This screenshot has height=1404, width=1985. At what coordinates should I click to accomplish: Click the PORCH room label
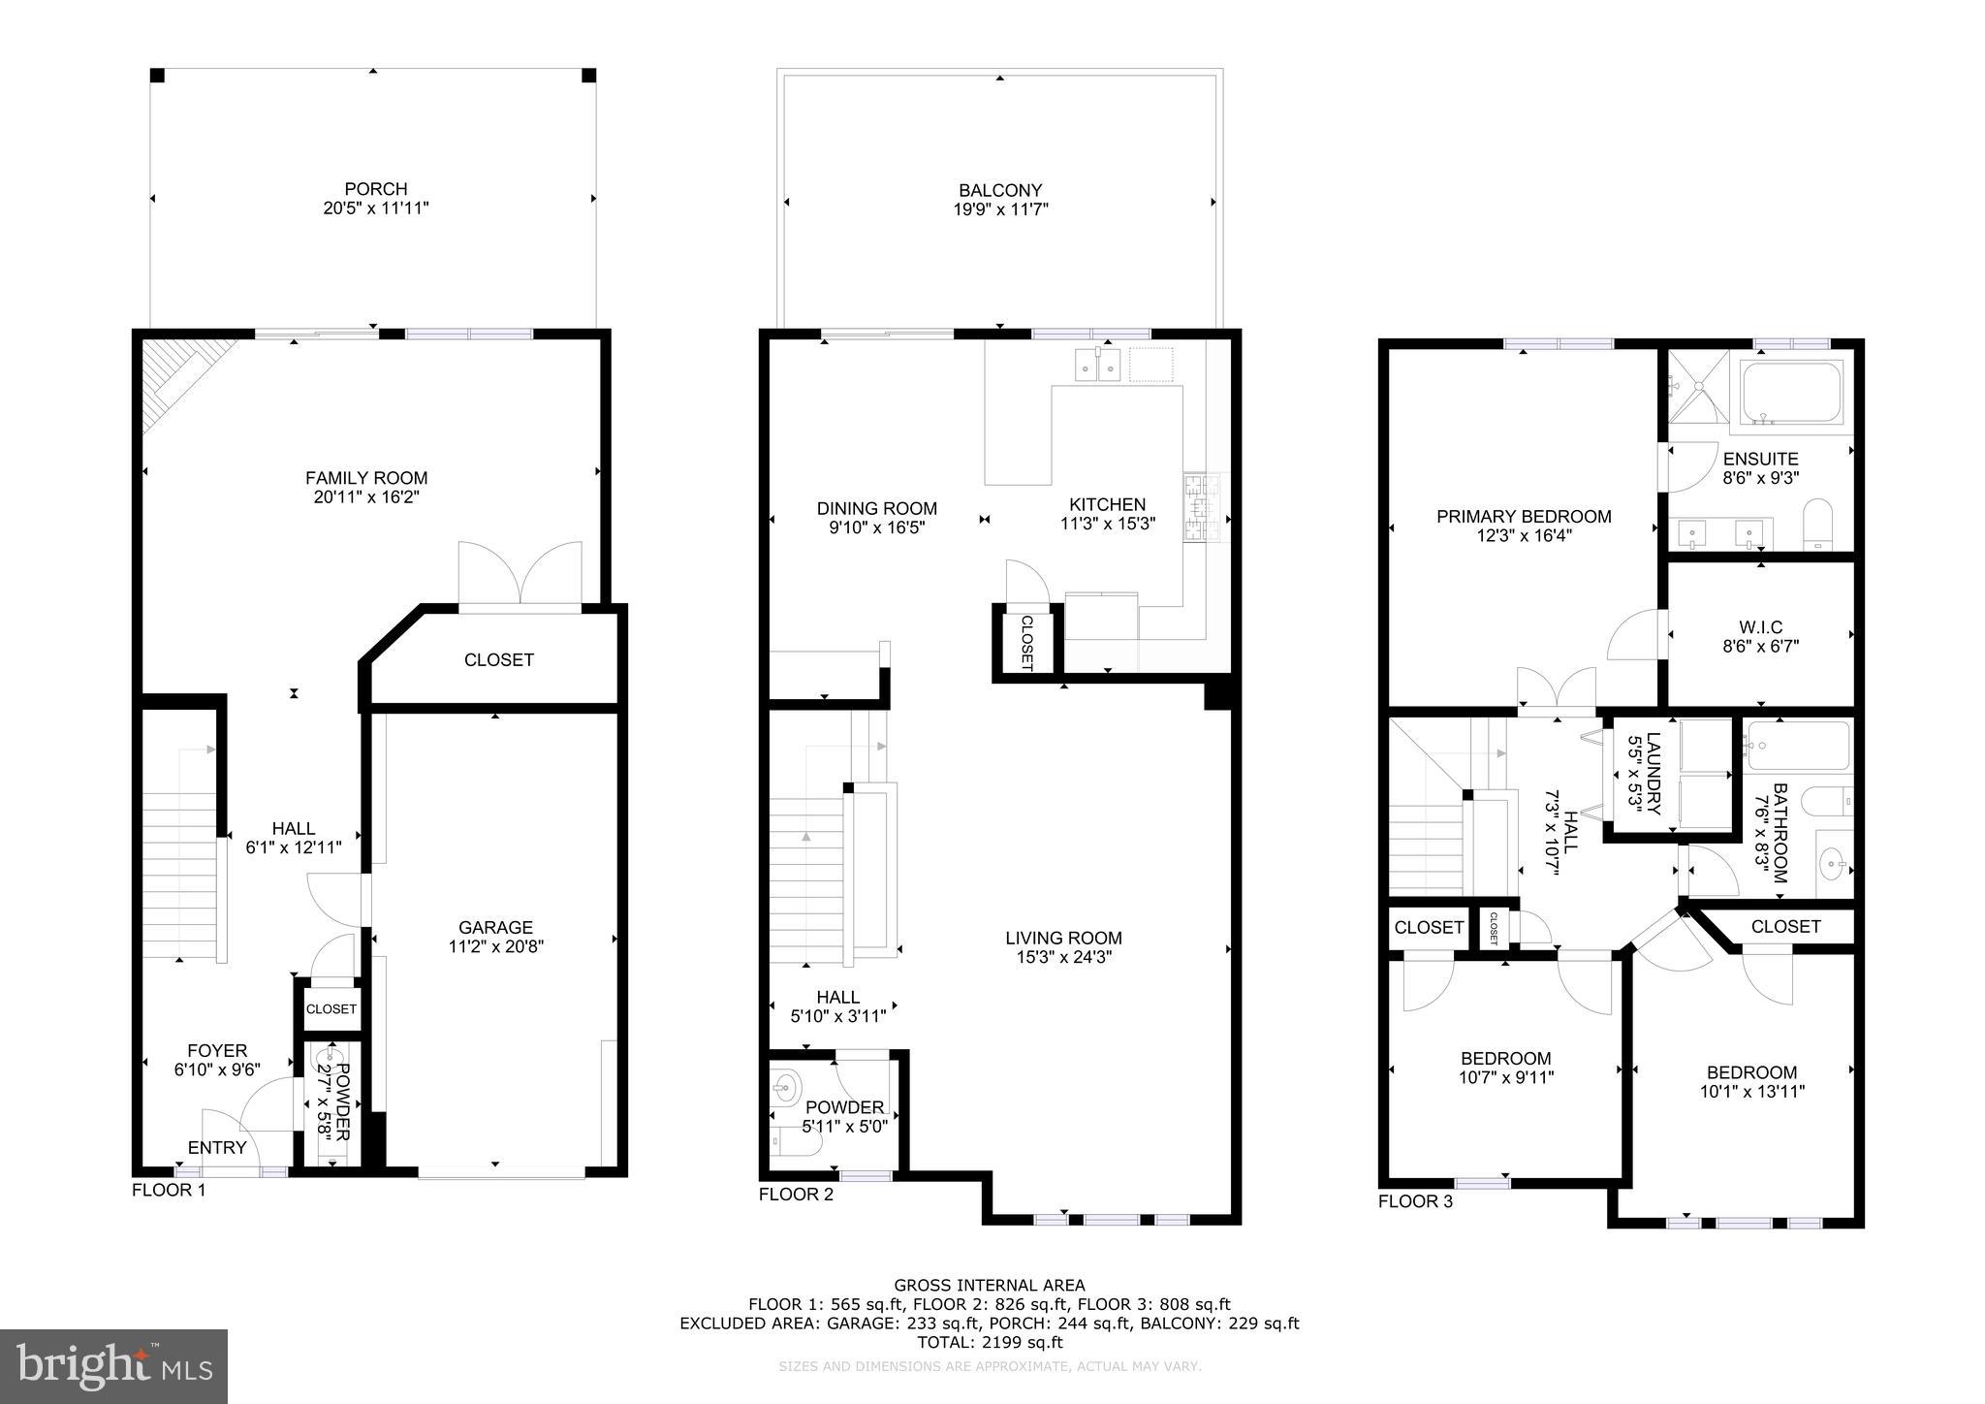(x=376, y=189)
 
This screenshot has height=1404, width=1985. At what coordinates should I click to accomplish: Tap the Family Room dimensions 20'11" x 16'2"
(x=366, y=497)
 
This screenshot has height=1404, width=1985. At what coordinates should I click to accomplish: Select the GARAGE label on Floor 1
(x=495, y=927)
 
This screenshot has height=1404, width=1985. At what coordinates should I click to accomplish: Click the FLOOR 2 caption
(x=796, y=1194)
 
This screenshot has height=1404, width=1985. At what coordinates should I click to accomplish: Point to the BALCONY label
(x=1000, y=190)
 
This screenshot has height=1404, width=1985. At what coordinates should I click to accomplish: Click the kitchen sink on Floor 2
(x=1097, y=366)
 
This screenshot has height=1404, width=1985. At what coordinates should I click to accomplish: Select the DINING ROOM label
(x=876, y=508)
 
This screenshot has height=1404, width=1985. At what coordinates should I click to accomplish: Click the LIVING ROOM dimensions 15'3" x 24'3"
(x=1063, y=957)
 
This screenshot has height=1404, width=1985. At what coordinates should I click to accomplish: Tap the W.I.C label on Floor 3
(x=1760, y=627)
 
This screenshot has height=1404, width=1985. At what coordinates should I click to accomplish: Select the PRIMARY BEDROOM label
(x=1524, y=517)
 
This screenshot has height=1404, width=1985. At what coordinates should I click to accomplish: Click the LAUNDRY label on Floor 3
(x=1654, y=773)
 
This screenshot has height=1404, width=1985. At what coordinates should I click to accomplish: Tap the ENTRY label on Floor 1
(x=217, y=1148)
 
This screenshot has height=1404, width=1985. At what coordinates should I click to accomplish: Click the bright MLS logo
(x=113, y=1366)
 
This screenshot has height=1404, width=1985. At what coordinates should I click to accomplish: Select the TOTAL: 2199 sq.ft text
(x=990, y=1342)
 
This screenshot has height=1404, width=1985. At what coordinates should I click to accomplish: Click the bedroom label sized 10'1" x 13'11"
(x=1751, y=1072)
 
